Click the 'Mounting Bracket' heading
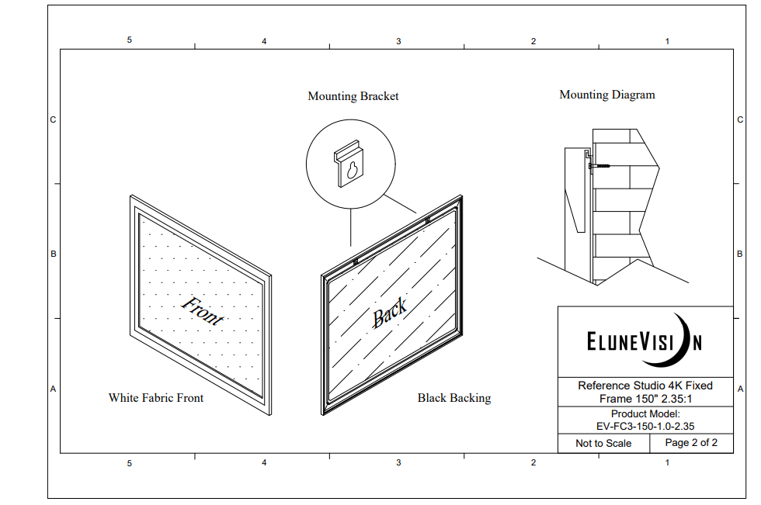(353, 96)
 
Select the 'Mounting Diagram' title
(607, 95)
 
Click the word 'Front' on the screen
(203, 310)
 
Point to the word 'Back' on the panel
(389, 313)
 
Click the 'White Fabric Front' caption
(156, 398)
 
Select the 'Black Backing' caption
(454, 398)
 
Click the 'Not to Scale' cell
(603, 443)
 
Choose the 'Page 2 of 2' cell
(691, 442)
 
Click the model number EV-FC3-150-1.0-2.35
(645, 427)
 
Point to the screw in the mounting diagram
(599, 166)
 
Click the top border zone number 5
(130, 40)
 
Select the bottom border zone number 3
(398, 462)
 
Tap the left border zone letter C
(53, 119)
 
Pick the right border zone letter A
(740, 389)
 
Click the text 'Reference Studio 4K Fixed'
(645, 386)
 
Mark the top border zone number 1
(667, 41)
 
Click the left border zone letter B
(54, 254)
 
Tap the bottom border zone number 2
(533, 462)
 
